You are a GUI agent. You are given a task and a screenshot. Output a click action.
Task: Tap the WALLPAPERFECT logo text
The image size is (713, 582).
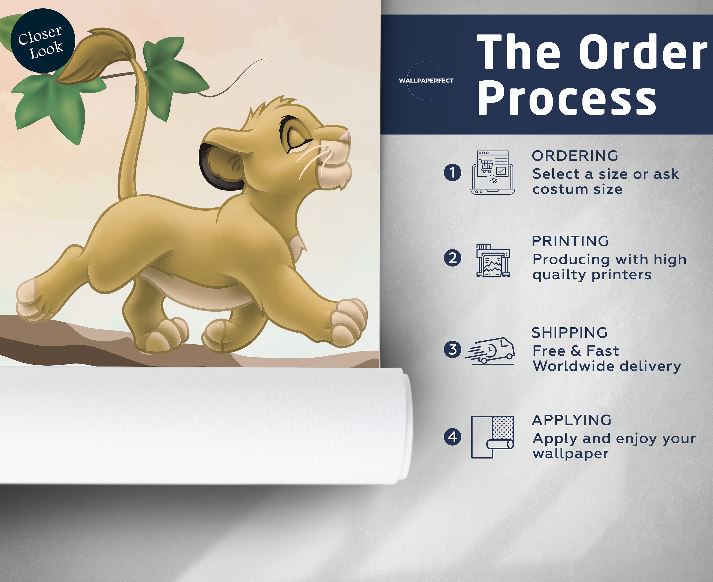[426, 80]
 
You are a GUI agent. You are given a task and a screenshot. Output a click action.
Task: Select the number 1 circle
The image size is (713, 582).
[452, 172]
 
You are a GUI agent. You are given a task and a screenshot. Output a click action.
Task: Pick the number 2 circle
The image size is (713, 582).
[452, 258]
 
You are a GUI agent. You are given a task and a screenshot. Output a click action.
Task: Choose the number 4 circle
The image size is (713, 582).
[452, 437]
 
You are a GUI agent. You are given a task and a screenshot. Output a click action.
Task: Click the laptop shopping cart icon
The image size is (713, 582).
[492, 172]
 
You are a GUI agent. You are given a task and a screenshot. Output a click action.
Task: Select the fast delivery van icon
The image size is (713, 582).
[490, 351]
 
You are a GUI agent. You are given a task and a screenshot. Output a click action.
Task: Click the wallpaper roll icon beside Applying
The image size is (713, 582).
[492, 437]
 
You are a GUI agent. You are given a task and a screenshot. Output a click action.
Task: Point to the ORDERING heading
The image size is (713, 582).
[575, 156]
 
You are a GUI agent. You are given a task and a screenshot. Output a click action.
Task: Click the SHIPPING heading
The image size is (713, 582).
[570, 333]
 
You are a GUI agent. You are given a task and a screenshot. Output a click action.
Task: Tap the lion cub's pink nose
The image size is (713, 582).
[345, 137]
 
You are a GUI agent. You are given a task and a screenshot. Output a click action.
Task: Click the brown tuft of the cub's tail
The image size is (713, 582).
[94, 57]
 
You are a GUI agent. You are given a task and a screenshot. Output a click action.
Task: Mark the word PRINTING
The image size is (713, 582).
[570, 241]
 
